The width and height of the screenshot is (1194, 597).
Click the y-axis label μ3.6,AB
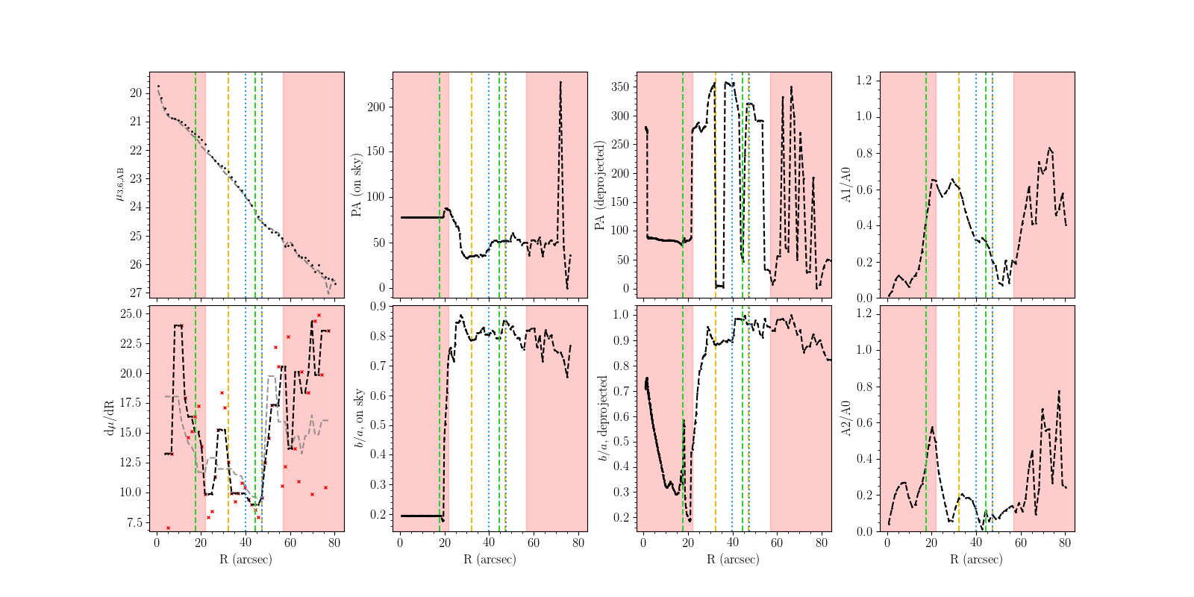pos(119,184)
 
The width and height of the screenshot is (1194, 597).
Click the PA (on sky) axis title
pos(357,185)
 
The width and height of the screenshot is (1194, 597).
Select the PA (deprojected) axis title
pos(599,185)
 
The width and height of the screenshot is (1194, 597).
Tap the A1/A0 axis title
pos(846,185)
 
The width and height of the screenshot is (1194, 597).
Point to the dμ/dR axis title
pos(110,418)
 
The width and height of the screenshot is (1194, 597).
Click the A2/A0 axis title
pos(846,418)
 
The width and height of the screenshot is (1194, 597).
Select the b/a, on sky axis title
pos(359,418)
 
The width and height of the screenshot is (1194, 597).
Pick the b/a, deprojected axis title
pos(603,418)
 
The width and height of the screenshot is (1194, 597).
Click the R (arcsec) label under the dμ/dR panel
pos(246,559)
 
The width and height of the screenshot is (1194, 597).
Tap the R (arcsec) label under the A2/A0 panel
pos(977,559)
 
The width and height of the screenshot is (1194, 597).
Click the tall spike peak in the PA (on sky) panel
pos(560,83)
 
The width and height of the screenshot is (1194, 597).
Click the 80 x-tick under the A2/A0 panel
pos(1065,543)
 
